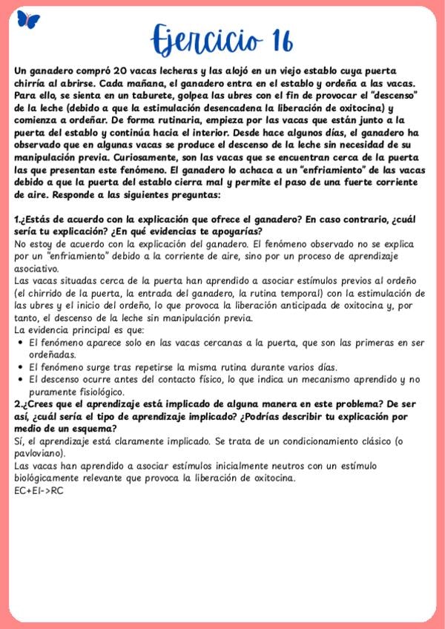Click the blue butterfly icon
[x=28, y=20]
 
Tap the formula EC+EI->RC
[x=39, y=490]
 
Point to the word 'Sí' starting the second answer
[x=19, y=441]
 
